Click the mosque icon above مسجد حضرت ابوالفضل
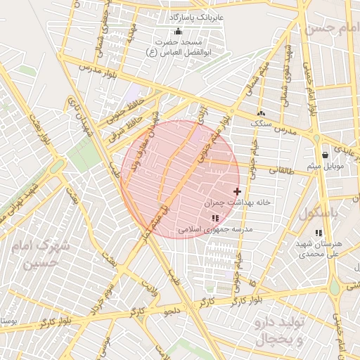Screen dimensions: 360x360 (x=177, y=31)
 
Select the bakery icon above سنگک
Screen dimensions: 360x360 (x=262, y=112)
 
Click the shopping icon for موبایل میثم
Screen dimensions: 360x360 (x=325, y=155)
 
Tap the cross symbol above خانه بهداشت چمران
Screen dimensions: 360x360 (x=237, y=191)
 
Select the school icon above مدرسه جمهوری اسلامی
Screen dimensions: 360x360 (x=214, y=219)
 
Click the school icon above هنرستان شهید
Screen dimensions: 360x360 (x=319, y=233)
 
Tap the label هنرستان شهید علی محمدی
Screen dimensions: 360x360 (x=319, y=248)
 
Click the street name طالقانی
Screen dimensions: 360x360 (x=280, y=169)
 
